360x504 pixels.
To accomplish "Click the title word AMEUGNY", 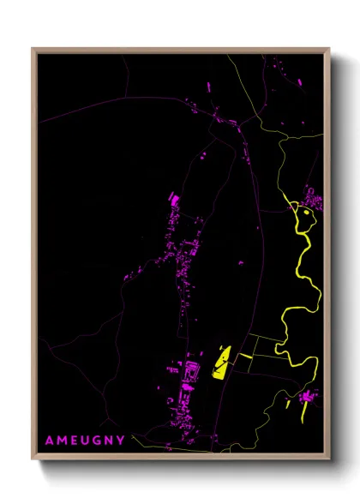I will click(x=85, y=441).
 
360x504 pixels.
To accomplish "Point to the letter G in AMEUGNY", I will click(x=95, y=441).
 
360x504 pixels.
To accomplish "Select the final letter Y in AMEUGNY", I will click(x=122, y=441).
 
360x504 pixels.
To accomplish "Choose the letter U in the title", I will click(x=83, y=441).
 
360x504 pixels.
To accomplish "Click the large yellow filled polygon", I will click(x=220, y=363).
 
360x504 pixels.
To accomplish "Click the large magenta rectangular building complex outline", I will click(x=190, y=371).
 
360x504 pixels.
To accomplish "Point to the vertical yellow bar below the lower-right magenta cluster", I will click(x=306, y=413).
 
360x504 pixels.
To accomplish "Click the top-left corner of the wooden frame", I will click(x=33, y=49).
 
